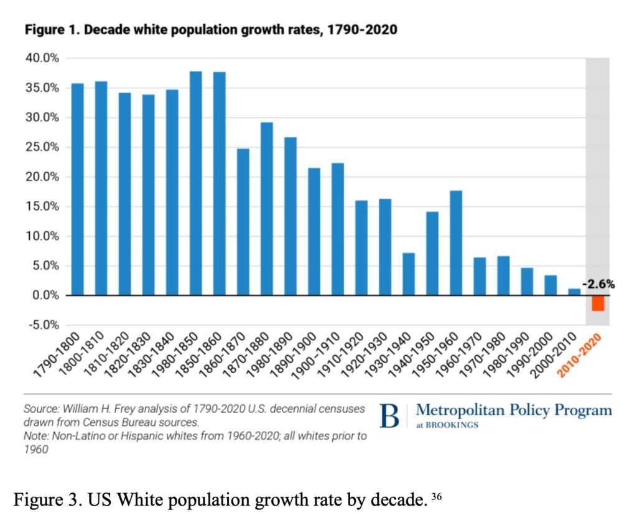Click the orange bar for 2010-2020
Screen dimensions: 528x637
[598, 303]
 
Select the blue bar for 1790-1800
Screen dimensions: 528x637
[78, 189]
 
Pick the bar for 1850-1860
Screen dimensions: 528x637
[219, 183]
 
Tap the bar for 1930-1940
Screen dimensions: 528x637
[408, 274]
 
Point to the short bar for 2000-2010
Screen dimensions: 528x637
[574, 292]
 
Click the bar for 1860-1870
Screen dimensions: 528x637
[243, 221]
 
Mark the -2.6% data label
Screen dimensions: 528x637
[598, 285]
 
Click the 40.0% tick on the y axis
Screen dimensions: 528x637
[43, 58]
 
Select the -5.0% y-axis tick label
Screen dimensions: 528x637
[43, 325]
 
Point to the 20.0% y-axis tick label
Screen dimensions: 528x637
[43, 177]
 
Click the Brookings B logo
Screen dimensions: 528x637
[389, 416]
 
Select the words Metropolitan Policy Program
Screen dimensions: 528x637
[513, 410]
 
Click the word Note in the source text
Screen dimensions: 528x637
[35, 436]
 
